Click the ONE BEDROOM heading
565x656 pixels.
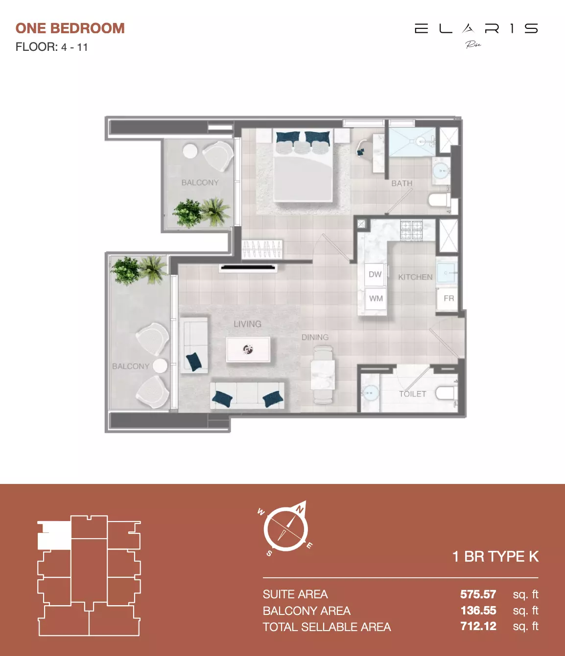pos(70,28)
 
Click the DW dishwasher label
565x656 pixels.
pos(375,274)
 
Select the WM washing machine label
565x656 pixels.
pos(376,298)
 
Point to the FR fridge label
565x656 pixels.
pos(448,298)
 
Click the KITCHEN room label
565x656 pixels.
pos(415,277)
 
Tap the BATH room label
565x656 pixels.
pos(401,183)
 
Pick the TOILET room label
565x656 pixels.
pos(412,394)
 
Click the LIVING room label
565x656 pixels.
pos(247,324)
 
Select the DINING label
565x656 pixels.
pos(315,337)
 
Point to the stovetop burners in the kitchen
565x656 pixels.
pos(411,230)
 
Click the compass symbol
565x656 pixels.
pos(286,528)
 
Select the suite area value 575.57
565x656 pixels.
pos(478,594)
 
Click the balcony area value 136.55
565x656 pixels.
pos(478,611)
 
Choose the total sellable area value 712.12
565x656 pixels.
pos(478,626)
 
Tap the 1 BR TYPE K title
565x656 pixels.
pos(495,556)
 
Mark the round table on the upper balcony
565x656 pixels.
pos(190,151)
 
